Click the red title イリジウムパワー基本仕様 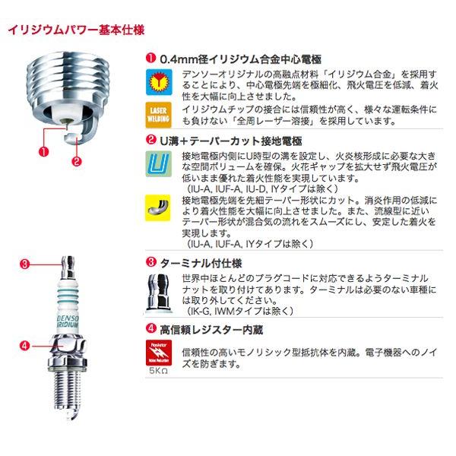click(75, 31)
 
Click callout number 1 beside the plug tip click(44, 150)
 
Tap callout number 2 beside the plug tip click(76, 160)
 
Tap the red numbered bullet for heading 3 click(150, 261)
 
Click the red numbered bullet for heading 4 click(150, 329)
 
